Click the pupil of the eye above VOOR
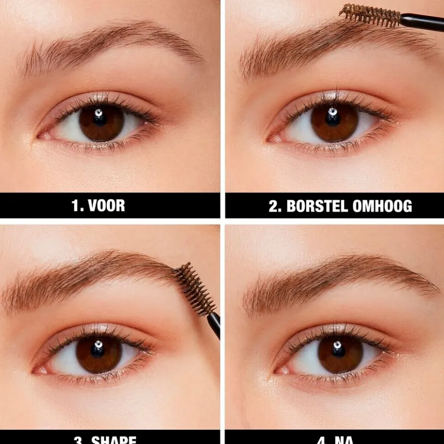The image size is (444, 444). point(100,118)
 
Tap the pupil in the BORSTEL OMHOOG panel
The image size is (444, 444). point(333,118)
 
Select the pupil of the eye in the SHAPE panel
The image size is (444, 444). point(98,350)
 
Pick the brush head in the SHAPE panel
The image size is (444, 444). point(194,289)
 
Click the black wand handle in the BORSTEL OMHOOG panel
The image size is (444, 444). point(423,21)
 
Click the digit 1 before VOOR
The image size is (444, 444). point(75,205)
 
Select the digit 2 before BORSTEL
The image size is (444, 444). point(273,206)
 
